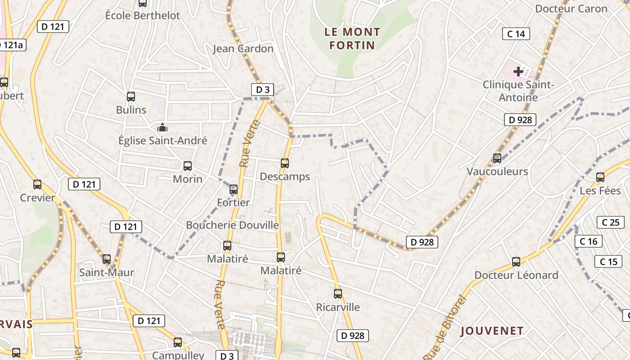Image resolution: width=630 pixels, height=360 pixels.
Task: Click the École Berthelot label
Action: coord(142,15)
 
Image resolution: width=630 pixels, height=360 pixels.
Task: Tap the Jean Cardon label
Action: coord(243,49)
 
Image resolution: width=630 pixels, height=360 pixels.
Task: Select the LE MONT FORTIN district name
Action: coord(352,38)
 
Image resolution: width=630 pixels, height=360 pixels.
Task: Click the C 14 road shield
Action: coord(516,34)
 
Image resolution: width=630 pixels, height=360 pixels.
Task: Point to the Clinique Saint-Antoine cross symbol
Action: coord(518,71)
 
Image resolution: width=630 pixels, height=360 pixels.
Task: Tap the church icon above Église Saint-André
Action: coord(162,127)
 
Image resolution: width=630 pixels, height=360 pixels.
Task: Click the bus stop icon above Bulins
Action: coord(131,96)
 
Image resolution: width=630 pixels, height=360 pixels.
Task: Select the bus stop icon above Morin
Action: coord(188,166)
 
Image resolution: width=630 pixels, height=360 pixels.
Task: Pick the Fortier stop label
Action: coord(233,202)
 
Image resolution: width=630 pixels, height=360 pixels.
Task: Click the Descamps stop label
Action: coord(285,177)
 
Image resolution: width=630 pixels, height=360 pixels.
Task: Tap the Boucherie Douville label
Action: coord(233,225)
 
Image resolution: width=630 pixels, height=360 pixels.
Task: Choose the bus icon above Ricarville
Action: coord(338,294)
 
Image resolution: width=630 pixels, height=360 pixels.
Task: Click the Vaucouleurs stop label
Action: coord(497,171)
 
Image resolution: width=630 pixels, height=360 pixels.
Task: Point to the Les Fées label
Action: coord(600,191)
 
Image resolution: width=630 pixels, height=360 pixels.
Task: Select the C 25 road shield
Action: coord(611,222)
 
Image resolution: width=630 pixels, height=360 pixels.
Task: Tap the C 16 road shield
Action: coord(588,242)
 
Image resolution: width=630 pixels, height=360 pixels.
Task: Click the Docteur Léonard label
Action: coord(516,275)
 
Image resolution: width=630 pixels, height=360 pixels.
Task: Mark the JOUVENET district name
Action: coord(492,331)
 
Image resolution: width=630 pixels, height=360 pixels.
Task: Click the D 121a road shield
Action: coord(12,45)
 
